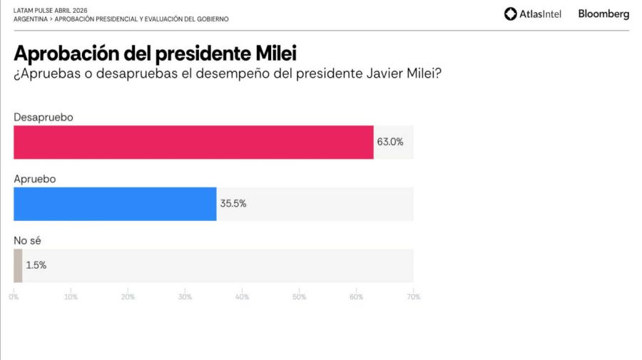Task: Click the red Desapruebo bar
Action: click(x=193, y=142)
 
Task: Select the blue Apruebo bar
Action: click(x=115, y=204)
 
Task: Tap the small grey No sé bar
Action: click(x=18, y=265)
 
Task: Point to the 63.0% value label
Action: click(x=390, y=142)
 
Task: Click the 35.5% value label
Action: click(x=233, y=204)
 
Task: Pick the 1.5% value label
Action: click(x=36, y=265)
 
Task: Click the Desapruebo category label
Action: click(x=44, y=116)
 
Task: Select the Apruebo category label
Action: click(x=35, y=178)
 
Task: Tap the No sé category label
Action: click(x=27, y=240)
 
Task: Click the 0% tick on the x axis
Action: click(x=14, y=297)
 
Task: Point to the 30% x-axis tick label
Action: click(x=185, y=297)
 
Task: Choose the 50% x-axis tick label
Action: click(x=299, y=297)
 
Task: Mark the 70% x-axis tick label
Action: click(x=413, y=297)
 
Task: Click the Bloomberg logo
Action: click(x=603, y=14)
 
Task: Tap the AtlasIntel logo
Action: click(x=532, y=14)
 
